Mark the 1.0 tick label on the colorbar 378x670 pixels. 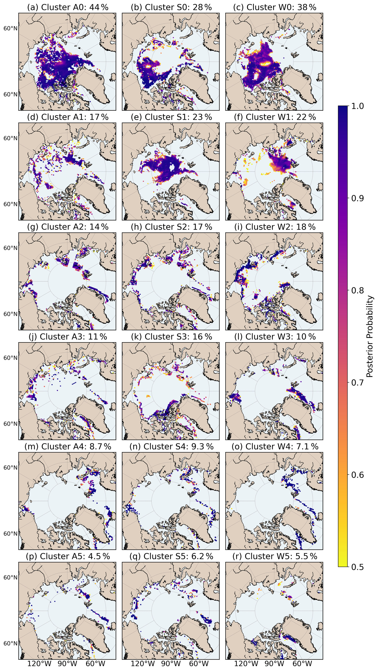pyautogui.click(x=357, y=106)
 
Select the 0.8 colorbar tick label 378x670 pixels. pyautogui.click(x=357, y=290)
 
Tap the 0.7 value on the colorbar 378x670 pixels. pyautogui.click(x=357, y=383)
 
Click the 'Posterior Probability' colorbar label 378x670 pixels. pyautogui.click(x=369, y=336)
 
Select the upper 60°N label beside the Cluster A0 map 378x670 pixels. pyautogui.click(x=10, y=28)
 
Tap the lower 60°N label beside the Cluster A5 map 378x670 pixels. pyautogui.click(x=10, y=643)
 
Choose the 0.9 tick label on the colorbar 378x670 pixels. pyautogui.click(x=357, y=198)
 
